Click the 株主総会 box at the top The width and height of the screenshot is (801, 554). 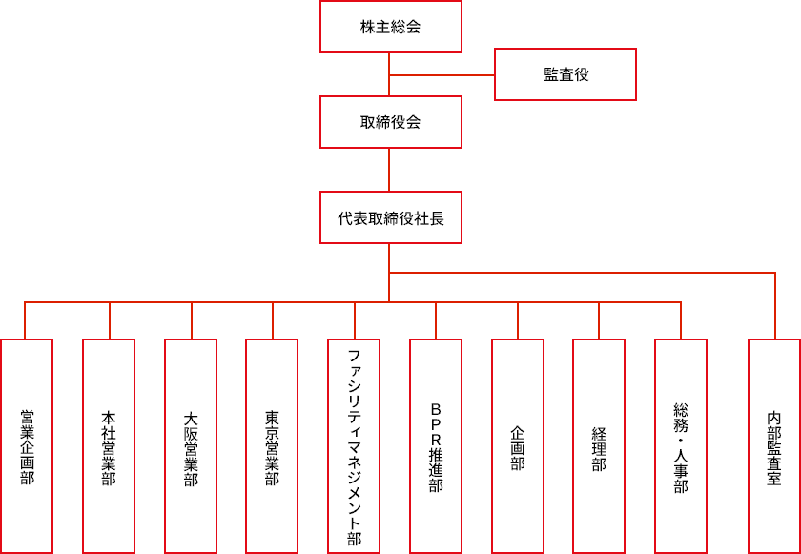point(391,27)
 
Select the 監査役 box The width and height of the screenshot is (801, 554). point(565,74)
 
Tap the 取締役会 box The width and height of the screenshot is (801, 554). point(391,122)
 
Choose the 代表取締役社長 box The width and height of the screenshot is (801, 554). point(391,217)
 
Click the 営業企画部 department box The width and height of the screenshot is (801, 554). point(27,446)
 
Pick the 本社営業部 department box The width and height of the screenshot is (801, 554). point(109,446)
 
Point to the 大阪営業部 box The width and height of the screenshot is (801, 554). point(191,446)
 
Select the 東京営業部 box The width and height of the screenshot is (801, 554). point(272,446)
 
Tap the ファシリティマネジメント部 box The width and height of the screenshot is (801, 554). point(354,446)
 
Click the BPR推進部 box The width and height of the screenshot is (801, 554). point(436,446)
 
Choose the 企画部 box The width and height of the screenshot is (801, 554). point(518,446)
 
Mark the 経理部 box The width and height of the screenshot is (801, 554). point(599,446)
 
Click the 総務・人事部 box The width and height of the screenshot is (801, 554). point(681,446)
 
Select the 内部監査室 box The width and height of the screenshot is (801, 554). point(774,446)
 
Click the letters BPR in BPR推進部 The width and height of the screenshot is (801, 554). point(436,425)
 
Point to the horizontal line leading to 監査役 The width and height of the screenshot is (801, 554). point(442,74)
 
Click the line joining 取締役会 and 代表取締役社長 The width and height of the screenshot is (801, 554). point(390,170)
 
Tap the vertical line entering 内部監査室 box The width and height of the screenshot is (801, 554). point(774,305)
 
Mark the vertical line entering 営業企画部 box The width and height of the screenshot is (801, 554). point(26,321)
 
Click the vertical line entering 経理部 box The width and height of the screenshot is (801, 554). point(599,321)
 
